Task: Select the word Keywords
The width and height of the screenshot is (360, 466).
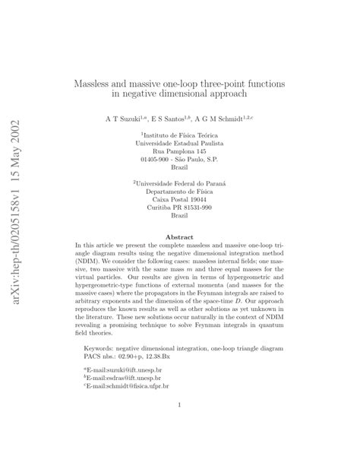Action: click(x=103, y=347)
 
